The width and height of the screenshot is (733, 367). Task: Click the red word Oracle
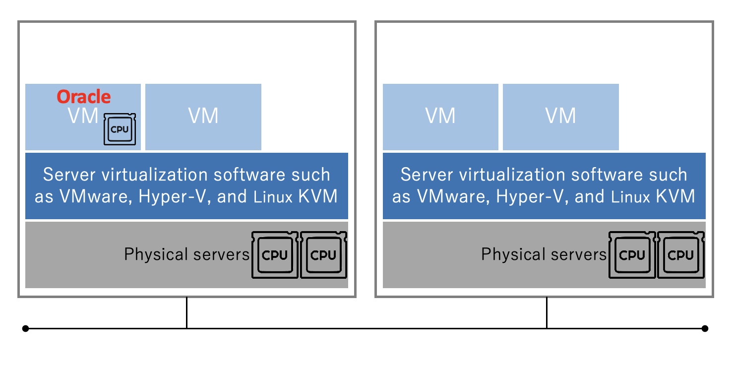click(x=84, y=96)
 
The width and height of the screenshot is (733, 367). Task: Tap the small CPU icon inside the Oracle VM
click(x=120, y=129)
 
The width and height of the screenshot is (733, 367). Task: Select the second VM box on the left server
click(x=203, y=117)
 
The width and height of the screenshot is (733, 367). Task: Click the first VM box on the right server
click(x=440, y=117)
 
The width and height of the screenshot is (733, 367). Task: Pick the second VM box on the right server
click(x=560, y=117)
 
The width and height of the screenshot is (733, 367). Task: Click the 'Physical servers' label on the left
click(x=186, y=254)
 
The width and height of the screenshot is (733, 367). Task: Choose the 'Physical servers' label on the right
click(x=544, y=254)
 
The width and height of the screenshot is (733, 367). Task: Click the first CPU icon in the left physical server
click(x=275, y=255)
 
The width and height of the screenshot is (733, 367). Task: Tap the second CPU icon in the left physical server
click(x=324, y=255)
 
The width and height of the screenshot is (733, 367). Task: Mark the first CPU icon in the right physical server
click(x=632, y=255)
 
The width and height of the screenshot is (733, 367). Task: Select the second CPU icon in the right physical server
click(x=681, y=255)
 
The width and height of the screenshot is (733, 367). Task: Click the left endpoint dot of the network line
click(x=26, y=328)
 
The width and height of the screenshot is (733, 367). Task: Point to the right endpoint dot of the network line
click(x=705, y=328)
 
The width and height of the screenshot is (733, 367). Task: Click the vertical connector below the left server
click(x=186, y=313)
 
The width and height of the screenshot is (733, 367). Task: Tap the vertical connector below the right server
click(x=547, y=313)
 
